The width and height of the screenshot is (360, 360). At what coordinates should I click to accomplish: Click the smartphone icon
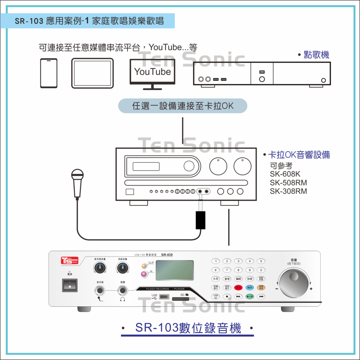click(x=49, y=73)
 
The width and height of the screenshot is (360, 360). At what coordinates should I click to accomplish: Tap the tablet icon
click(x=92, y=73)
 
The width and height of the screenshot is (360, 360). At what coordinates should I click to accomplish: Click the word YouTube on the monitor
click(x=152, y=72)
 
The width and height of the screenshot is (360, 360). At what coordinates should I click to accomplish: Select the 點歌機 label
click(x=316, y=55)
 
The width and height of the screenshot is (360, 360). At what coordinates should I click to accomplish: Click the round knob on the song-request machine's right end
click(x=324, y=80)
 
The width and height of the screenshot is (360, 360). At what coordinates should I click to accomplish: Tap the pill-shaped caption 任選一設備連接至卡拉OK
click(x=183, y=106)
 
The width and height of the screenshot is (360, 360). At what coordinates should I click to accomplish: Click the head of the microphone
click(x=77, y=176)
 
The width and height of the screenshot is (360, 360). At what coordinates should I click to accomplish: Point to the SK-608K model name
click(x=285, y=174)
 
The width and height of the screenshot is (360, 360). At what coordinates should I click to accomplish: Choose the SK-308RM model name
click(x=288, y=191)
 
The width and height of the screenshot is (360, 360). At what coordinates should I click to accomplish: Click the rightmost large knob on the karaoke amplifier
click(x=243, y=166)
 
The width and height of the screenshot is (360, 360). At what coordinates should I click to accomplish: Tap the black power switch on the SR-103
click(x=70, y=285)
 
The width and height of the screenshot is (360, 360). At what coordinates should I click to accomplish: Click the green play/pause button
click(x=250, y=297)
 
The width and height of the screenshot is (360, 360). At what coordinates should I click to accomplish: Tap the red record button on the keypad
click(x=238, y=288)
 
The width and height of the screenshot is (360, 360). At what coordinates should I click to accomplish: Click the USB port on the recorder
click(x=164, y=297)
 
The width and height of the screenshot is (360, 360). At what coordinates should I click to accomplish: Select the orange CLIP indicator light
click(x=144, y=266)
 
